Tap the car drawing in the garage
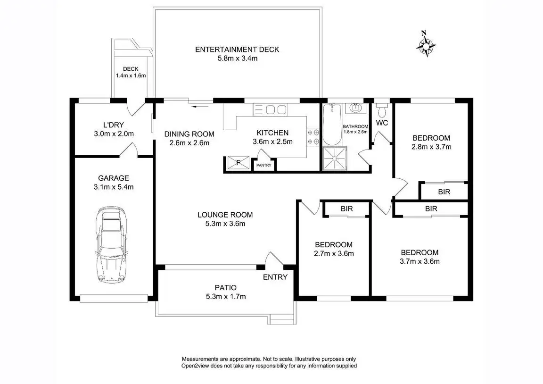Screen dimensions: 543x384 coord(112,245)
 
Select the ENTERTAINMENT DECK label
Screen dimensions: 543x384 coord(237,50)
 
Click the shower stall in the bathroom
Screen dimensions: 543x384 coord(335,159)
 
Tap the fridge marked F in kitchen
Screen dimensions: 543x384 coord(238,163)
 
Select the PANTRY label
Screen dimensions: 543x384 coord(264,165)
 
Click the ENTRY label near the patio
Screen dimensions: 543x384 coord(275,277)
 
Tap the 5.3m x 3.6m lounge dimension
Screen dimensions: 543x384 coord(225,224)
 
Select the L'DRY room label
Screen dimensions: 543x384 coord(114,125)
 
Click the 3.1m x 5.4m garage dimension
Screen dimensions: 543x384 coord(114,187)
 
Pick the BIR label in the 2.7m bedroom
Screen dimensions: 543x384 coord(346,209)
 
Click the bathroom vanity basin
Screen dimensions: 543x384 coord(355,108)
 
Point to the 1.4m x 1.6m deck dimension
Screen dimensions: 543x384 coord(131,75)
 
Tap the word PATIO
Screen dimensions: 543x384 coord(226,288)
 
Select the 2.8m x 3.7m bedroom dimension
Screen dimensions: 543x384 coord(431,147)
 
